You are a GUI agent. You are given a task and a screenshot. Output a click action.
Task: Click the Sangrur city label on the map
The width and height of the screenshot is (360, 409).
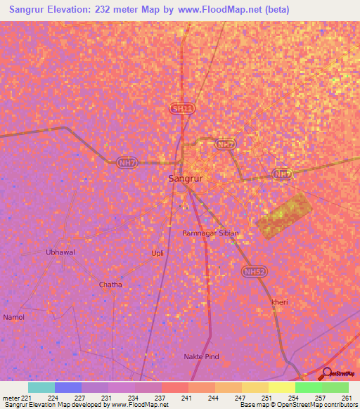click(x=186, y=179)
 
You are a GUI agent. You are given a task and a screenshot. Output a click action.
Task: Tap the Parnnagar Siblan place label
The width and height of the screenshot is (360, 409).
click(x=211, y=233)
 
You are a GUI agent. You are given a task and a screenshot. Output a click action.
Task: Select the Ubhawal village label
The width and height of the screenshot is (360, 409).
click(x=60, y=252)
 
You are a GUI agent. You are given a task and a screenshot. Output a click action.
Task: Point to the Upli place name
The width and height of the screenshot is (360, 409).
click(x=157, y=253)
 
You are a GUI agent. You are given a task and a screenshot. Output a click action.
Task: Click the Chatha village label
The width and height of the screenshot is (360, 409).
click(x=110, y=285)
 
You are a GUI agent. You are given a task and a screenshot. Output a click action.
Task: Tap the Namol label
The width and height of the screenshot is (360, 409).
click(x=14, y=317)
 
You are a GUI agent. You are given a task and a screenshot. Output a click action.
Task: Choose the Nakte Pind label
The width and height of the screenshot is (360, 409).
click(x=202, y=357)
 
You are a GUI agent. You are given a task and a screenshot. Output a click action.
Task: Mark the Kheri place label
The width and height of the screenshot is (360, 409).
click(x=280, y=302)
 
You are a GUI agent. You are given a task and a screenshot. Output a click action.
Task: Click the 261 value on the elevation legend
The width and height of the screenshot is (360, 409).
click(x=346, y=398)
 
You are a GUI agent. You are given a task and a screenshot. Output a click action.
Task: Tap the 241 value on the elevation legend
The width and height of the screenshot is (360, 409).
click(x=186, y=398)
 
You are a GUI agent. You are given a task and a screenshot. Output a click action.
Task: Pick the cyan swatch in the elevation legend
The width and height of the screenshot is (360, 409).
click(x=41, y=387)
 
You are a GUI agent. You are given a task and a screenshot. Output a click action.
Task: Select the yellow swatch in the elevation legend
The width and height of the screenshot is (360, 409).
click(x=281, y=387)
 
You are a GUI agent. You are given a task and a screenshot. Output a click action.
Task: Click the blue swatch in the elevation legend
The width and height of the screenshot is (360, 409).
click(x=68, y=387)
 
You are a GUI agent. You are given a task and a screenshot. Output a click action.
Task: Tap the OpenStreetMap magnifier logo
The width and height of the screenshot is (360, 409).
click(x=327, y=374)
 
